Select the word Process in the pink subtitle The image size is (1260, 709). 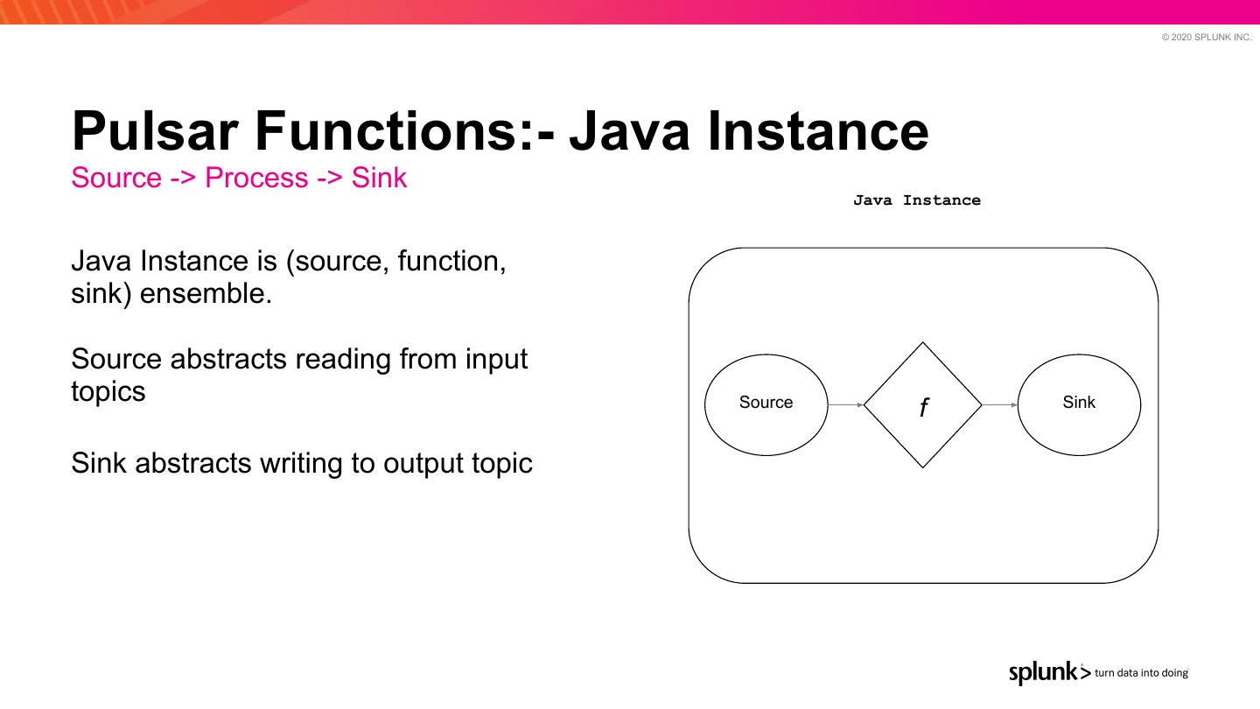click(x=256, y=178)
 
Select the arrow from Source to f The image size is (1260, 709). click(x=845, y=405)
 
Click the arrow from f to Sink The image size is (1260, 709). click(x=1000, y=405)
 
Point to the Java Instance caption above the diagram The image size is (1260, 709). click(x=917, y=200)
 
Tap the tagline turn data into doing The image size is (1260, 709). click(x=1141, y=673)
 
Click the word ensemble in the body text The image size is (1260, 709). click(x=206, y=294)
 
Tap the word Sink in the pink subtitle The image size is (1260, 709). click(x=379, y=178)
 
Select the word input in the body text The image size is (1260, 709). click(x=496, y=360)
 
